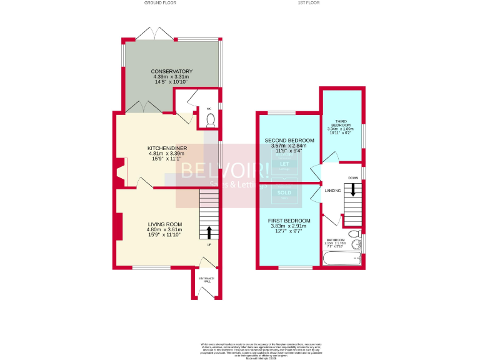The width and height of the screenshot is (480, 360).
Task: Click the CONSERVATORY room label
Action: pyautogui.click(x=171, y=71)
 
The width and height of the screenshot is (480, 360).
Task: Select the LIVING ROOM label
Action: pyautogui.click(x=165, y=224)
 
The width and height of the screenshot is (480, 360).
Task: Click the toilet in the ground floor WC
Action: pyautogui.click(x=210, y=119)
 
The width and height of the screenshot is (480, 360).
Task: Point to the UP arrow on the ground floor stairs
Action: pyautogui.click(x=209, y=232)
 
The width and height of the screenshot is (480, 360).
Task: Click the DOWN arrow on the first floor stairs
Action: pyautogui.click(x=353, y=189)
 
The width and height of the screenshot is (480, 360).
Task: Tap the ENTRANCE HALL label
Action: pyautogui.click(x=206, y=279)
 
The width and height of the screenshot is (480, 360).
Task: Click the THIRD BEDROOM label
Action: pyautogui.click(x=341, y=124)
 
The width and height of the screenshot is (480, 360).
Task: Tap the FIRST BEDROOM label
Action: pyautogui.click(x=289, y=221)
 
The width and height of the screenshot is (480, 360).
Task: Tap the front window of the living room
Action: pyautogui.click(x=152, y=268)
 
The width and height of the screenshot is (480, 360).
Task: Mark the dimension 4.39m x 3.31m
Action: pyautogui.click(x=171, y=77)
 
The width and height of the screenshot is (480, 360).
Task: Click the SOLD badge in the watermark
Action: pyautogui.click(x=284, y=193)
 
